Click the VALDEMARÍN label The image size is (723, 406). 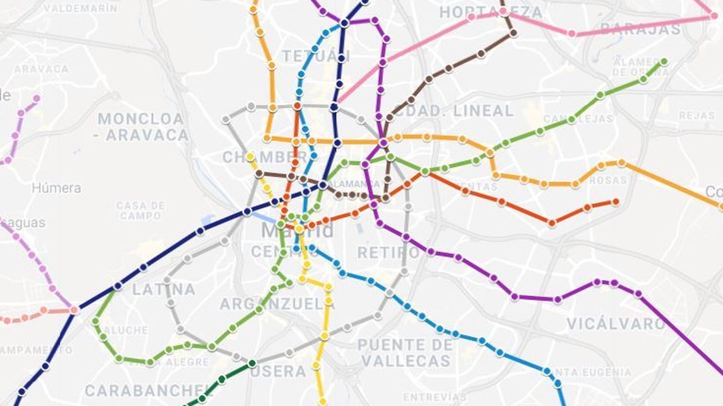pos(80,8)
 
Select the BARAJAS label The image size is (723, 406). pos(640,29)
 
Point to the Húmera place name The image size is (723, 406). pos(56,188)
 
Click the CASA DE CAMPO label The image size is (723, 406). pos(141,210)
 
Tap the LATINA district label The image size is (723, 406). pos(164,289)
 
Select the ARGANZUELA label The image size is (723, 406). pos(277,304)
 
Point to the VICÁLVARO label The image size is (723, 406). pos(616,324)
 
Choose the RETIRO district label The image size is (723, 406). pos(388,253)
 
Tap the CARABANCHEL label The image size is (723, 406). pos(149,390)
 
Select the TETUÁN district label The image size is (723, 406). pos(315,56)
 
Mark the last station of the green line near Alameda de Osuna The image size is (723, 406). pos(663,61)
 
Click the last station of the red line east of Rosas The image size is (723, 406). pos(615,202)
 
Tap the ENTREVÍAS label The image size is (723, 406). pos(434,397)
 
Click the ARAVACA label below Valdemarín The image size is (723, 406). pos(41,69)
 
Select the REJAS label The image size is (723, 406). pos(696,116)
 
